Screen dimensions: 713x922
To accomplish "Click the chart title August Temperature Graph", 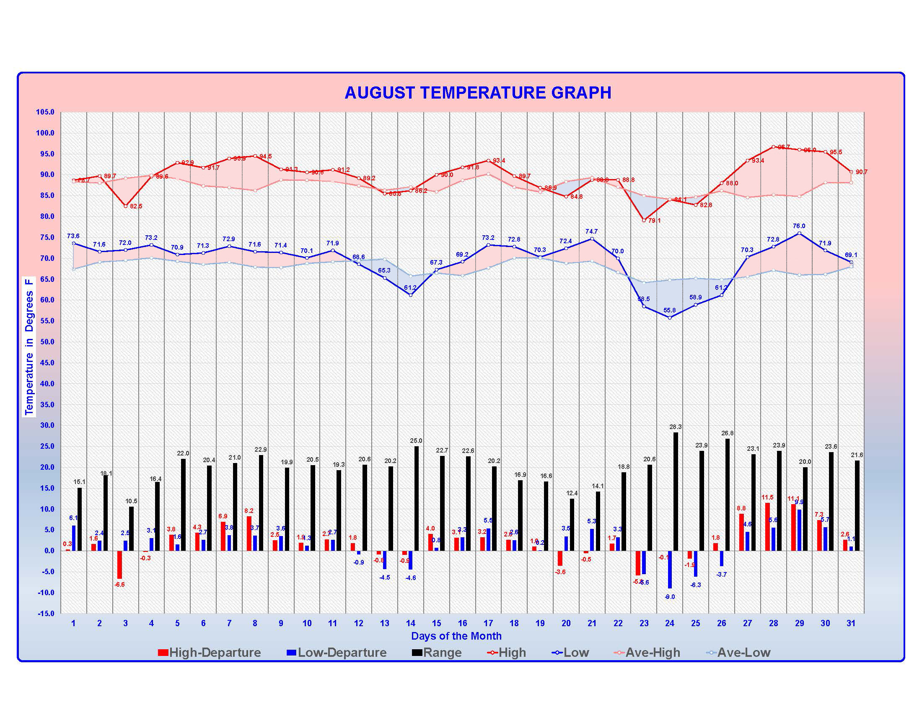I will [478, 93].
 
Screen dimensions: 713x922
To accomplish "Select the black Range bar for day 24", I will [676, 491].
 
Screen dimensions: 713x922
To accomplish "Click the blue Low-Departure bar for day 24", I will [670, 569].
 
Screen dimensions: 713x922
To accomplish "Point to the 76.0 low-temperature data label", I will [799, 226].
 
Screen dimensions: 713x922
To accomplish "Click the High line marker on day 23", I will [644, 220].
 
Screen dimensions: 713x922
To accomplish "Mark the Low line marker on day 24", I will [670, 317].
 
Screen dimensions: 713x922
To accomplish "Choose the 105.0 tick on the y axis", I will [45, 112].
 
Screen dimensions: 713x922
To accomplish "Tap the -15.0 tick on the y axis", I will [45, 613].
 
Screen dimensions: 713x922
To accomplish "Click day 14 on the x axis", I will [410, 623].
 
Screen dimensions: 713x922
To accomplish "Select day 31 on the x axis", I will [851, 623].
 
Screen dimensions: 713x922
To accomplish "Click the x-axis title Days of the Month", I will [456, 636].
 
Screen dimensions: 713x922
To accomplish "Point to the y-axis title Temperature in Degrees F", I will [28, 346].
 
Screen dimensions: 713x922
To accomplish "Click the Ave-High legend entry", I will [652, 653].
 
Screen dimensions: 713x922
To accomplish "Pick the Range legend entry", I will [442, 653].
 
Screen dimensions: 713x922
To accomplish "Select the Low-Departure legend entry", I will [342, 653].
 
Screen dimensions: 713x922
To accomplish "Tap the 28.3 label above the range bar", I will [676, 427].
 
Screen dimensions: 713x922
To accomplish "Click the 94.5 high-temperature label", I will [266, 156].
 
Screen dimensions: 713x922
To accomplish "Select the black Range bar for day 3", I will [131, 528].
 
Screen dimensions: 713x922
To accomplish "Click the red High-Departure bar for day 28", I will [767, 527].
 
